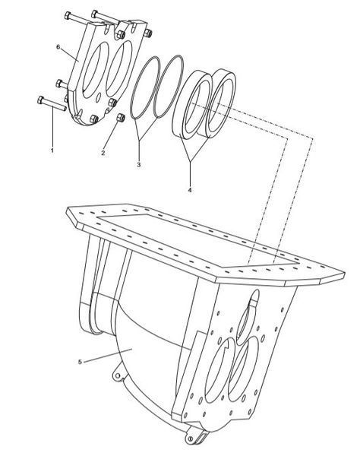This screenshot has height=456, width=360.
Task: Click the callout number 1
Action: click(x=52, y=150)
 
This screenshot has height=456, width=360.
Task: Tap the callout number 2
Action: click(x=103, y=153)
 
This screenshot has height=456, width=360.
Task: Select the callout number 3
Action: click(x=139, y=165)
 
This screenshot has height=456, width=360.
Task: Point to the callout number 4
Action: click(x=190, y=190)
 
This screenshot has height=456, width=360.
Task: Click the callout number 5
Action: click(x=80, y=362)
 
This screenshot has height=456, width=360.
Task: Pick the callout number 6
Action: click(x=58, y=47)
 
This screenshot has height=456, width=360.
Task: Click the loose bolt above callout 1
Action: click(x=52, y=103)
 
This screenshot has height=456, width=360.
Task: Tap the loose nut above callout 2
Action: click(x=121, y=118)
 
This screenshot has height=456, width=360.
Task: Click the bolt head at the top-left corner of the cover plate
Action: click(x=68, y=15)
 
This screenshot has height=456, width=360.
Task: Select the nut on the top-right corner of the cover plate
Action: click(x=148, y=33)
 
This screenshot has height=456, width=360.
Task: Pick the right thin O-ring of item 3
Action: click(x=169, y=86)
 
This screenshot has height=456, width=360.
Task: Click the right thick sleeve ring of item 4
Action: click(x=221, y=103)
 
